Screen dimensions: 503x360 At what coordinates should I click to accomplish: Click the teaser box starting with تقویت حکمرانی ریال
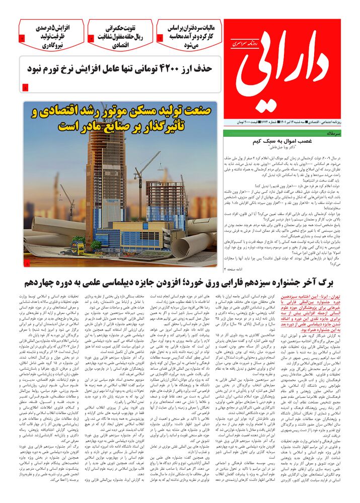(121, 34)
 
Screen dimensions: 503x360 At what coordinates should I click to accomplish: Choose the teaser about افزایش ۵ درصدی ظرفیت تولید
(52, 34)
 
